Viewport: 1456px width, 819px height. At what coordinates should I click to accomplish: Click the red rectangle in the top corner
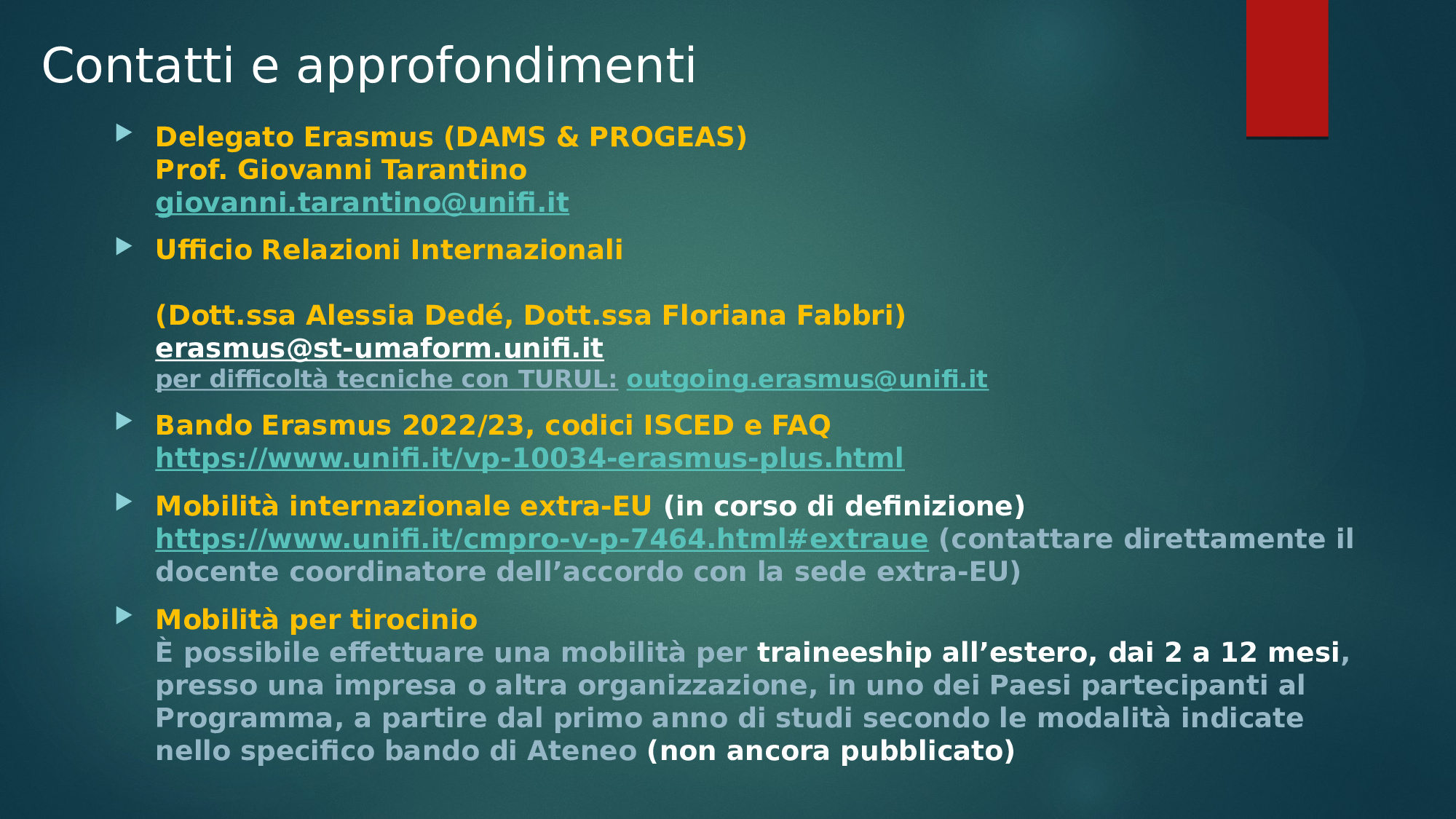1287,68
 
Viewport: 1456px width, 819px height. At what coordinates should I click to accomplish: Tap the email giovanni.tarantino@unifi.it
363,203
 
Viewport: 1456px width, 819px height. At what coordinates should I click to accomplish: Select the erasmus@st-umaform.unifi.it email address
379,349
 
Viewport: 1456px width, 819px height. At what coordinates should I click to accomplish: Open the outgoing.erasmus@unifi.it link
807,379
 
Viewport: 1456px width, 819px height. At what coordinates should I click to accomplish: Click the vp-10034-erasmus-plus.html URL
530,459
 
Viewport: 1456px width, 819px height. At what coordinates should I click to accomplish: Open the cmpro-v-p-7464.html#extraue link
542,539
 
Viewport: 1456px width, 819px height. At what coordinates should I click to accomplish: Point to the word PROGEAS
662,137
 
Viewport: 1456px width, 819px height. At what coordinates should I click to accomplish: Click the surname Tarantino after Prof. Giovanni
455,170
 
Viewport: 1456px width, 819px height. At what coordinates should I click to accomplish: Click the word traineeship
844,653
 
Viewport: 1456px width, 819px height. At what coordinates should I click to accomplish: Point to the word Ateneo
582,751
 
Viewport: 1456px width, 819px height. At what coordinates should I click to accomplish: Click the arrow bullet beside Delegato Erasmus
124,133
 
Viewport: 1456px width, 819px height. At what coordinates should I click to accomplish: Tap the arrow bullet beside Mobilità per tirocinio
124,616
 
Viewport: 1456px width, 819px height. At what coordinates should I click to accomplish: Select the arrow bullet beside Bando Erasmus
124,422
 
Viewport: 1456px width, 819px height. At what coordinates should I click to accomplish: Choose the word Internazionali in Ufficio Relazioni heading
517,250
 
